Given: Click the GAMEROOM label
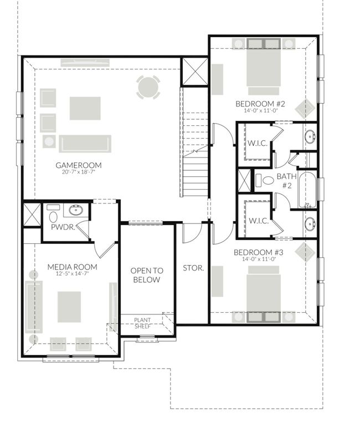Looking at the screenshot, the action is pyautogui.click(x=79, y=165).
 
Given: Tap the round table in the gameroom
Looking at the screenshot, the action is pyautogui.click(x=148, y=87).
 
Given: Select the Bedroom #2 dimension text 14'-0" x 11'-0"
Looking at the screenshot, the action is pyautogui.click(x=261, y=110).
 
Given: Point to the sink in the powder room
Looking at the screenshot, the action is pyautogui.click(x=76, y=210).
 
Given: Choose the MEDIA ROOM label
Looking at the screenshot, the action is pyautogui.click(x=72, y=267).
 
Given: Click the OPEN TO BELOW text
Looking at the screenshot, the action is pyautogui.click(x=147, y=275).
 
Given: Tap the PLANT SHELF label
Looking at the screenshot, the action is pyautogui.click(x=142, y=323).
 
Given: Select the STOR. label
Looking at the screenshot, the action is pyautogui.click(x=193, y=268).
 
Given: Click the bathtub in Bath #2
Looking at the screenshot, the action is pyautogui.click(x=307, y=190).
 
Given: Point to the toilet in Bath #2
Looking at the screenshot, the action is pyautogui.click(x=265, y=180).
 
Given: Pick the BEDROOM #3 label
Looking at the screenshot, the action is pyautogui.click(x=259, y=252).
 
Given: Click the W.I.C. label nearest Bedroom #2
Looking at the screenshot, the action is pyautogui.click(x=258, y=143).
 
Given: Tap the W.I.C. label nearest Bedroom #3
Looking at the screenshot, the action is pyautogui.click(x=259, y=221).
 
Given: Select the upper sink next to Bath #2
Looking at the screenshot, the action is pyautogui.click(x=310, y=137).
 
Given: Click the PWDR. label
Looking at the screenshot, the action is pyautogui.click(x=63, y=227).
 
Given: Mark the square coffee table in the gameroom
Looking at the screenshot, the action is pyautogui.click(x=85, y=109).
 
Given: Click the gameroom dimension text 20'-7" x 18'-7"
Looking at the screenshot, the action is pyautogui.click(x=79, y=172).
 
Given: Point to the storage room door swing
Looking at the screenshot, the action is pyautogui.click(x=193, y=233).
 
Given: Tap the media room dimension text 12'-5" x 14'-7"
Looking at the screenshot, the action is pyautogui.click(x=72, y=273).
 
